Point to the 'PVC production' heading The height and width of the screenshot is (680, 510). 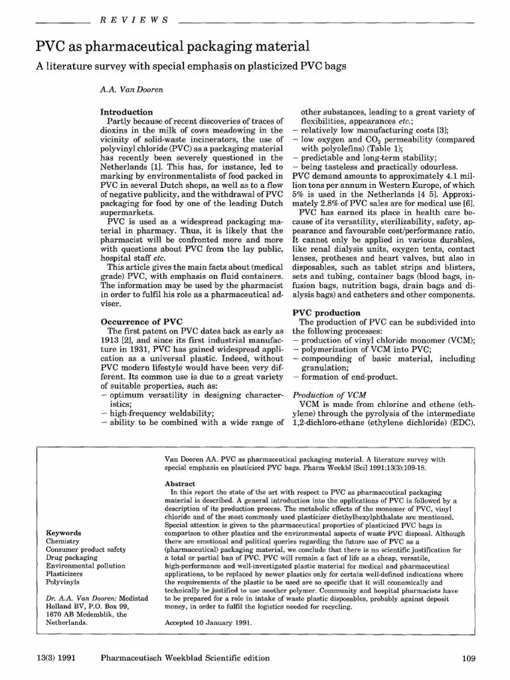tap(327, 312)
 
